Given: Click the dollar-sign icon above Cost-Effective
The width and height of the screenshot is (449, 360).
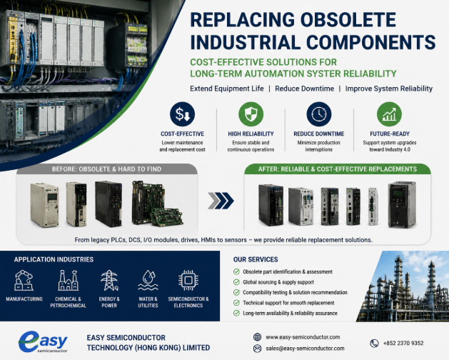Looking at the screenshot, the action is (182, 114).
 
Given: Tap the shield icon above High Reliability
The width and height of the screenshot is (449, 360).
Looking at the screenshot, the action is (251, 114).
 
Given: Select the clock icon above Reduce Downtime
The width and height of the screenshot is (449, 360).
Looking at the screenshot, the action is (318, 114).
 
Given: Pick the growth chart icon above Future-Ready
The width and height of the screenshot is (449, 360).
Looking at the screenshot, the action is (389, 114).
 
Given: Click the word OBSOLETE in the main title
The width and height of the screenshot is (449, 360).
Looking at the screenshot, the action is (348, 20).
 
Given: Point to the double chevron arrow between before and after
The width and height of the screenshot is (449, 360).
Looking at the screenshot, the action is (221, 201).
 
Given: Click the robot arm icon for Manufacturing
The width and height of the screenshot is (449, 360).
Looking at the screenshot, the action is (24, 280).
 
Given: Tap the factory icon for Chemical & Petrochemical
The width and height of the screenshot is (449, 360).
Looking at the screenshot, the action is (68, 280).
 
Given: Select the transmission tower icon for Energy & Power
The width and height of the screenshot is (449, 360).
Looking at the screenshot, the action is (109, 280).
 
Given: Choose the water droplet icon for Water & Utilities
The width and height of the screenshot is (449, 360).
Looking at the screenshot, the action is (148, 280).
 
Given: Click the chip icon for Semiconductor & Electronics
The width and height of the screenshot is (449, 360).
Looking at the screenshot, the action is (188, 280).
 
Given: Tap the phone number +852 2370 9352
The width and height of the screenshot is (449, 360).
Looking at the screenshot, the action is (403, 343).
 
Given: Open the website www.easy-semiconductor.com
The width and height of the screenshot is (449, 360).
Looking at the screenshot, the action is (303, 337).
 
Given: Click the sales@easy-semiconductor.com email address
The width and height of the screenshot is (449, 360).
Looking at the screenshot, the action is (305, 349).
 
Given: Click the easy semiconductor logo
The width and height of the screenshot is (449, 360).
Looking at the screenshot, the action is (43, 341).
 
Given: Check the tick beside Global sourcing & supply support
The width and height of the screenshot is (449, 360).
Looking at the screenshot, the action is (236, 282).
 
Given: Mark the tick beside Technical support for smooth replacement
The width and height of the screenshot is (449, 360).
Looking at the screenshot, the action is (236, 303).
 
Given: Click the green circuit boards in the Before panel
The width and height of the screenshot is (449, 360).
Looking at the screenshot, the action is (157, 204).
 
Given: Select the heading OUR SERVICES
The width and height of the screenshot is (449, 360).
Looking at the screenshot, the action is (256, 259).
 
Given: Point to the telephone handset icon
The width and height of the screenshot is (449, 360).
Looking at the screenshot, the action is (374, 343).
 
